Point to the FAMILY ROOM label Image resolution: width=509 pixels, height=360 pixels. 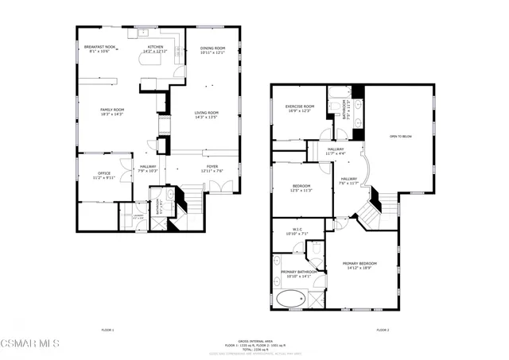tap(112, 112)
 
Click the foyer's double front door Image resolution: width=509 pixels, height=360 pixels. tap(225, 187)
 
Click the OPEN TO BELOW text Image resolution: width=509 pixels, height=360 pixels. tap(401, 137)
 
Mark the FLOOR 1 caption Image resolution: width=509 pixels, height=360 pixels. tap(107, 329)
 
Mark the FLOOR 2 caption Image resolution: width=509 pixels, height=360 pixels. tap(383, 329)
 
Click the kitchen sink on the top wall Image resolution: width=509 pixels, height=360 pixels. tap(146, 33)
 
